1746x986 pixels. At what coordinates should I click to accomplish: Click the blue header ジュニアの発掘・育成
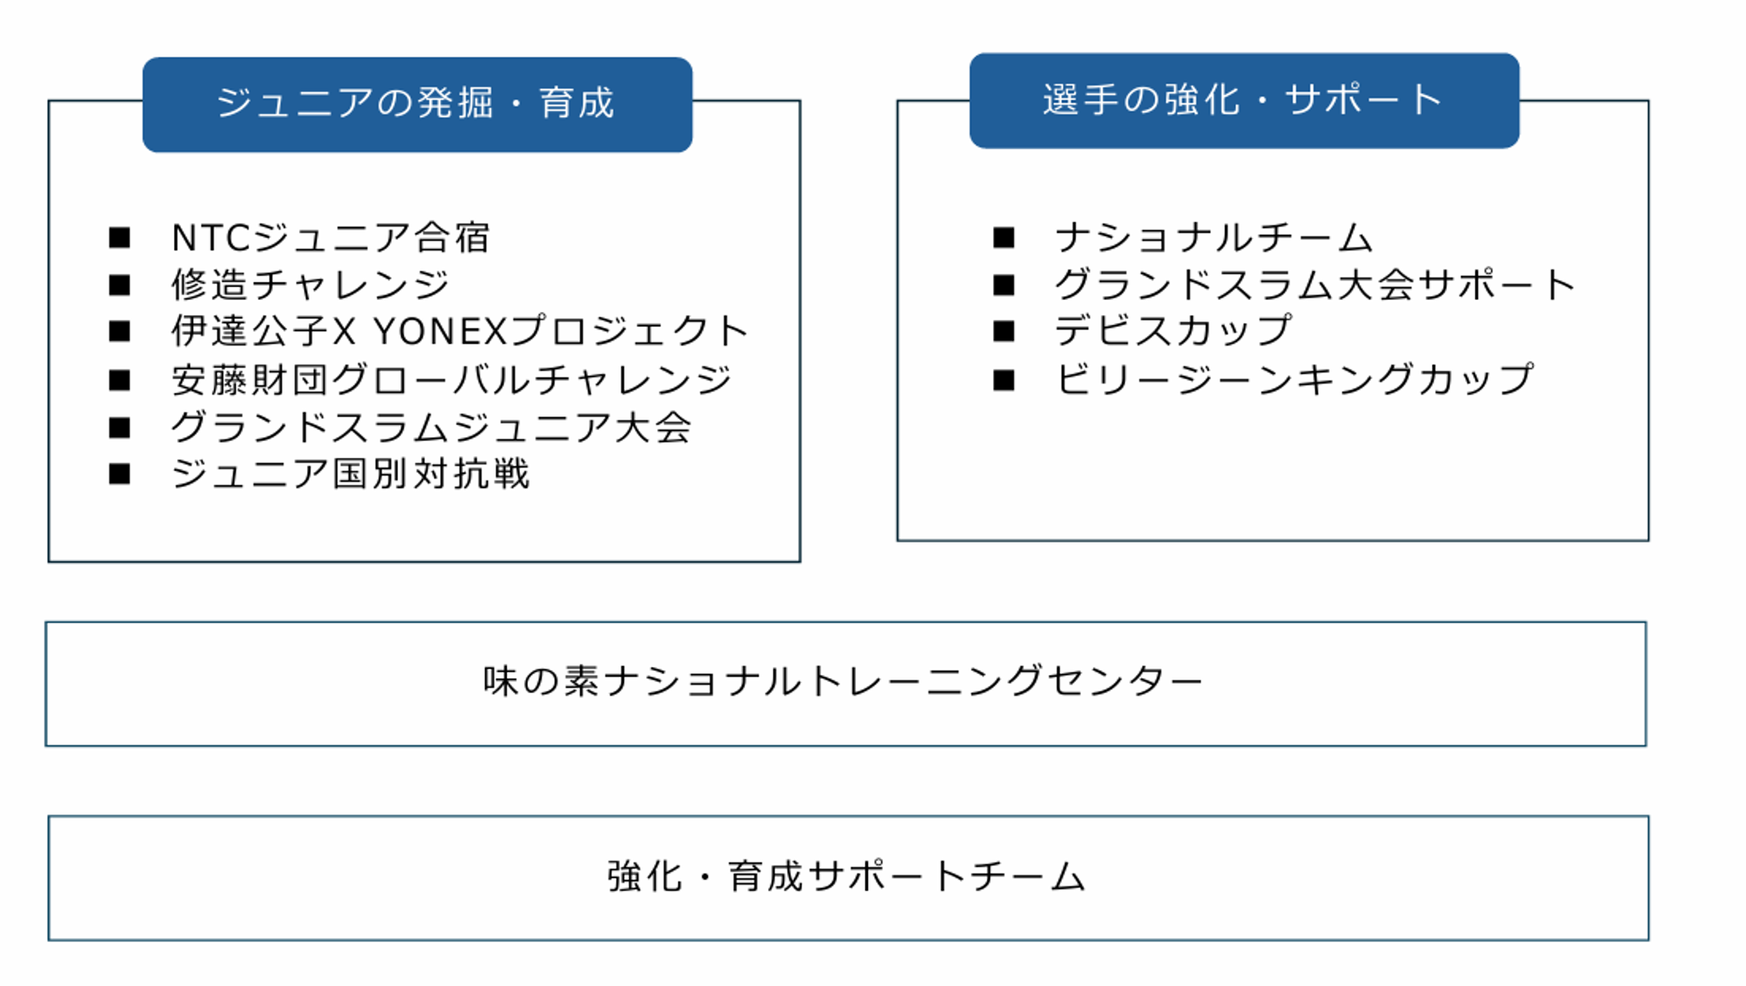click(417, 105)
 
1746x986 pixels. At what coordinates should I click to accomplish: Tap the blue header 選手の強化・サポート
click(1244, 101)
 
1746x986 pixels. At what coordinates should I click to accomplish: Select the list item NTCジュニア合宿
click(331, 238)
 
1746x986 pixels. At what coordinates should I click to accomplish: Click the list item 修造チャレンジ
click(310, 285)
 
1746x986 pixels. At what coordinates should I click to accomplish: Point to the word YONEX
click(440, 332)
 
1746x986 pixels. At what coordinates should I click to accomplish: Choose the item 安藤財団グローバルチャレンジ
click(451, 380)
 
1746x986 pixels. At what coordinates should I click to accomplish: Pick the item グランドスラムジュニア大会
click(432, 427)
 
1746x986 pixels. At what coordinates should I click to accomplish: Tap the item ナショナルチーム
click(1214, 238)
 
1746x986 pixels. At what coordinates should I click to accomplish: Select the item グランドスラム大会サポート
click(1315, 285)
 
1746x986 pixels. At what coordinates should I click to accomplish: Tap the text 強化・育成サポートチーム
click(846, 877)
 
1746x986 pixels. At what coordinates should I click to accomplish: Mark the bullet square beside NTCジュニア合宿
click(120, 238)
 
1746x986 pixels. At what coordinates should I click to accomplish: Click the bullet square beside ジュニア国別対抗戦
click(120, 474)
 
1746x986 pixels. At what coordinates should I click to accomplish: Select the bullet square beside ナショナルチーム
click(1003, 238)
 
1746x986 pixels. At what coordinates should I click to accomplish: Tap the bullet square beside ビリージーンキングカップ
click(1003, 380)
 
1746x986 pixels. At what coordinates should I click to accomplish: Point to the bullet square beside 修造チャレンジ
click(120, 285)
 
